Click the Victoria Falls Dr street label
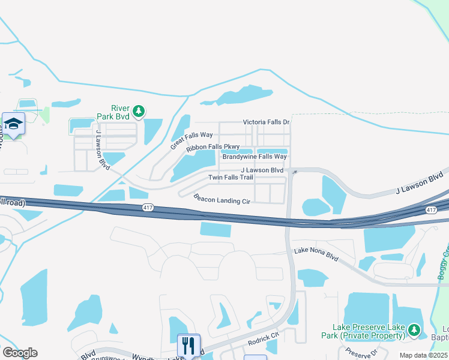266,122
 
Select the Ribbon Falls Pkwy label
212,147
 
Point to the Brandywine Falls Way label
255,157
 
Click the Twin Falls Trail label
231,178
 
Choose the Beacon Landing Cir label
221,199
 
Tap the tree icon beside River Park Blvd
139,111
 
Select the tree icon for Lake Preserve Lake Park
414,329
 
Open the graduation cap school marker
13,124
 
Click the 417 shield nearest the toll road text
148,207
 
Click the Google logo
20,353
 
